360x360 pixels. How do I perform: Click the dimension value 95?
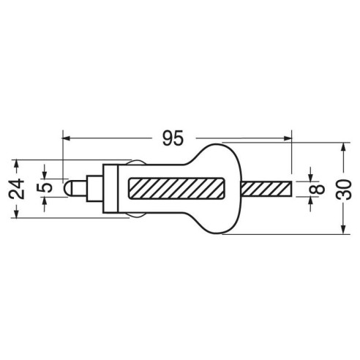point(173,138)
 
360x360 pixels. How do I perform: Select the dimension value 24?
point(17,189)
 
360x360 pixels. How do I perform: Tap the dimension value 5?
point(45,188)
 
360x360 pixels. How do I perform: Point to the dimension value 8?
point(318,189)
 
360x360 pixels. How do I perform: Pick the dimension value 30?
point(344,190)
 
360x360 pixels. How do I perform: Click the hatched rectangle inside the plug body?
point(176,188)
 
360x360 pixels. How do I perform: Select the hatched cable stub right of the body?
point(266,188)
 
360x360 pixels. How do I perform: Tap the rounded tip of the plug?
point(68,188)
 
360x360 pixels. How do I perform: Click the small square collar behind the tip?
point(94,188)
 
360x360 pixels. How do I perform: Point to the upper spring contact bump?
point(136,162)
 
